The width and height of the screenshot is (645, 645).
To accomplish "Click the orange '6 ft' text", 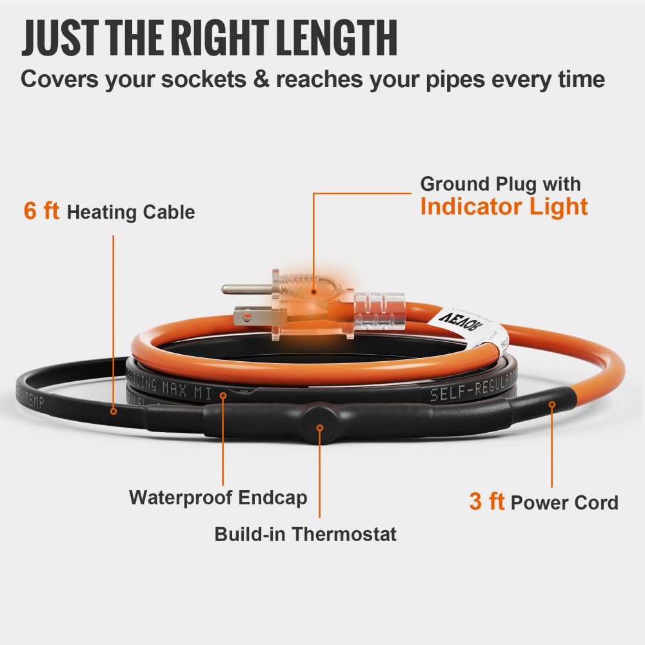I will [x=41, y=211].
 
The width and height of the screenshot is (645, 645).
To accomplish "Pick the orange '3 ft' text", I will [x=486, y=502].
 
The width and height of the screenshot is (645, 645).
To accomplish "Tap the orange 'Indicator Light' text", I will [x=504, y=206].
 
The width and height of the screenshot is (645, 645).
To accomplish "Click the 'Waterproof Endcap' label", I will [x=218, y=498].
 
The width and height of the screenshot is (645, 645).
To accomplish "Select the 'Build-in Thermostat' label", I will [x=305, y=534].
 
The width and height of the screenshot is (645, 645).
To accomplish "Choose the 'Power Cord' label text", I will [x=564, y=502].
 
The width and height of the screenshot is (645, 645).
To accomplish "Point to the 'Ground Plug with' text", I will [x=501, y=184].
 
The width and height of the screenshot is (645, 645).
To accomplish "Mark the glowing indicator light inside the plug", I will [x=313, y=292].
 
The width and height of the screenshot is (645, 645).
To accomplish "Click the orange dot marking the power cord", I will [x=551, y=404].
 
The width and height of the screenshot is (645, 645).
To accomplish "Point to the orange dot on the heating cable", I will [x=113, y=410].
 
